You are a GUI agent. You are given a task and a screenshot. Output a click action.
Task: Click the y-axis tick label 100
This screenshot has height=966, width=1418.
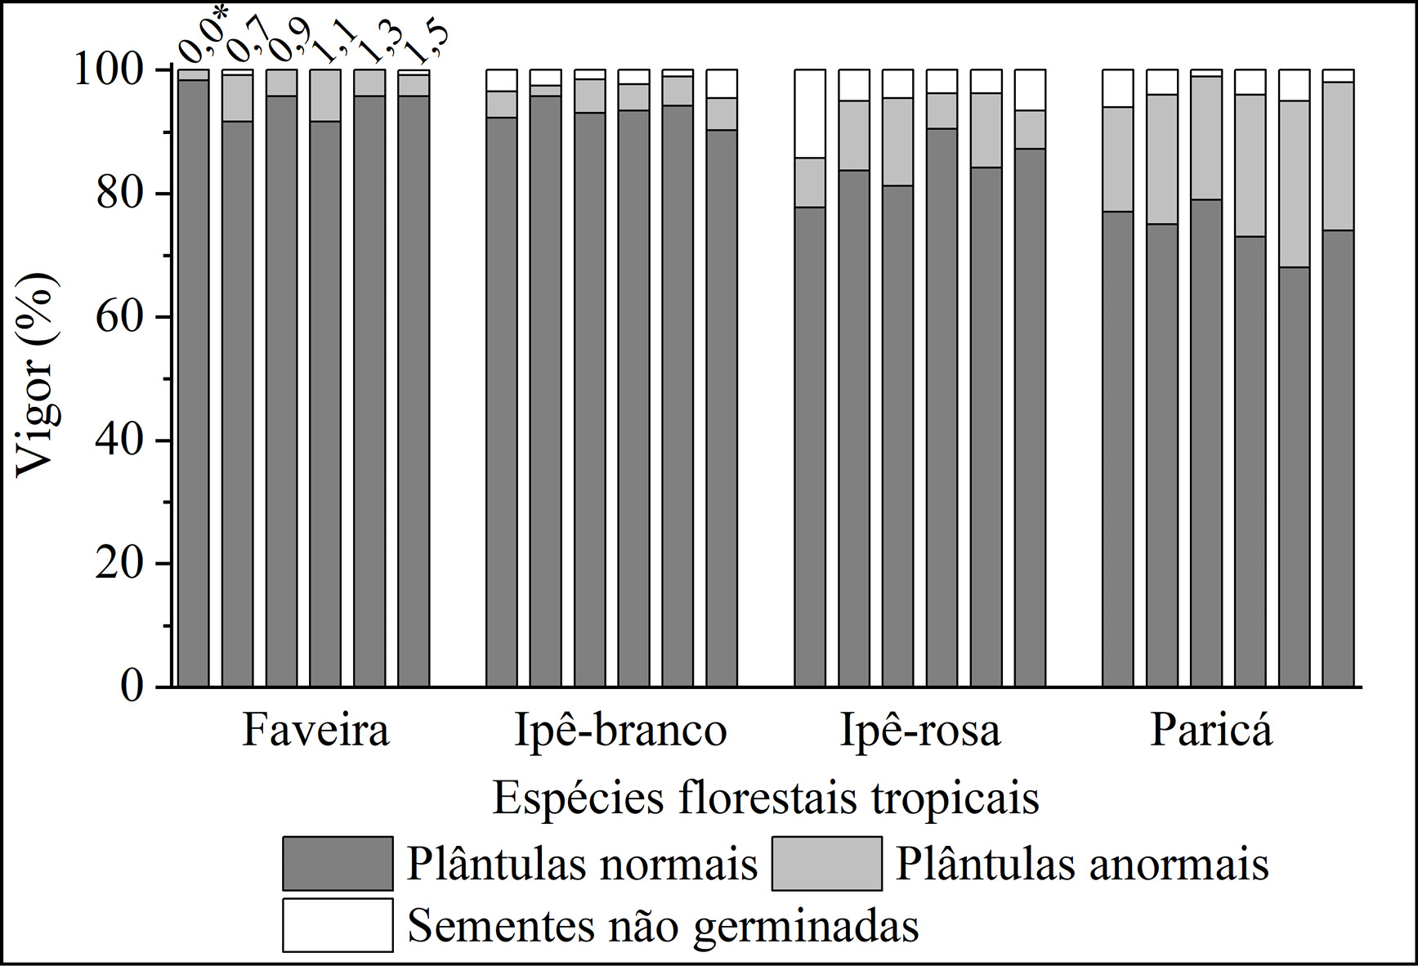111,71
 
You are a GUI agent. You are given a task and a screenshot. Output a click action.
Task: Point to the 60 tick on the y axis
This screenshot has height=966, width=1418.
119,317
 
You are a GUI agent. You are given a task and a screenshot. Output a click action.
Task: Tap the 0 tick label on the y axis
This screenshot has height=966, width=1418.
132,686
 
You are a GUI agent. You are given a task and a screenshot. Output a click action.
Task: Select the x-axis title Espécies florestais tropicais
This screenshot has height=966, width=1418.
765,798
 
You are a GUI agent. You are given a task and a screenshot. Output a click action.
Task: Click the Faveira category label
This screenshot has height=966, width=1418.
315,731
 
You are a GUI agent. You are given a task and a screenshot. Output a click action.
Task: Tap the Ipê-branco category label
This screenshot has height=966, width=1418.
620,731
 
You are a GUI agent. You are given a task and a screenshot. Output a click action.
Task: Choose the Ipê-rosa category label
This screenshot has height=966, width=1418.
920,731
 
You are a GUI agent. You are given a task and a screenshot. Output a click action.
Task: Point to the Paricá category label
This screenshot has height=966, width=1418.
1211,731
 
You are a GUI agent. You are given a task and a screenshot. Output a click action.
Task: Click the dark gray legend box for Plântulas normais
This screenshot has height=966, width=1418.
337,863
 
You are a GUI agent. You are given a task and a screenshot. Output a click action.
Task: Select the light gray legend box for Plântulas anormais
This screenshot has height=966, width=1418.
826,863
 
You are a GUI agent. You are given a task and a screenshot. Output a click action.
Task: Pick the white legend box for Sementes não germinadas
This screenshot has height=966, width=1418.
337,925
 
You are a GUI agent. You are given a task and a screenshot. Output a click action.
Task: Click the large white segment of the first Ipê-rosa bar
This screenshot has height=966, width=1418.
810,114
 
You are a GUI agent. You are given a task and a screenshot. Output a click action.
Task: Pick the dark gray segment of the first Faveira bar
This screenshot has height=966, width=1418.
194,384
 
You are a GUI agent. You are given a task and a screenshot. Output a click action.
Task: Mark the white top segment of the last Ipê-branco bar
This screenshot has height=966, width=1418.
722,84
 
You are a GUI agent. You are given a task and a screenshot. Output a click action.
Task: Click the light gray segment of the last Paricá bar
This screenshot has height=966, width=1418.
1339,156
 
